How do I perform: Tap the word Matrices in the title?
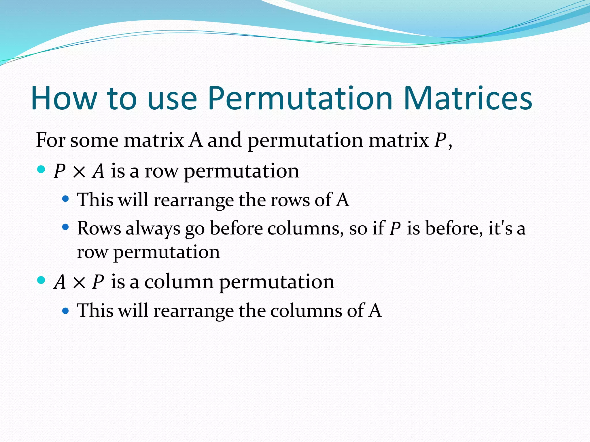pos(468,98)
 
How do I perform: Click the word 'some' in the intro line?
pos(94,141)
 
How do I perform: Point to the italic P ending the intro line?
pos(440,141)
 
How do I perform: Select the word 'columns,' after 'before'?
pos(306,228)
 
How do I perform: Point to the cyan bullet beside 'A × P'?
pos(41,280)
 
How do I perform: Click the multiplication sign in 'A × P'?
pos(79,283)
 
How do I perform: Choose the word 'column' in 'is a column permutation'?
pos(179,282)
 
